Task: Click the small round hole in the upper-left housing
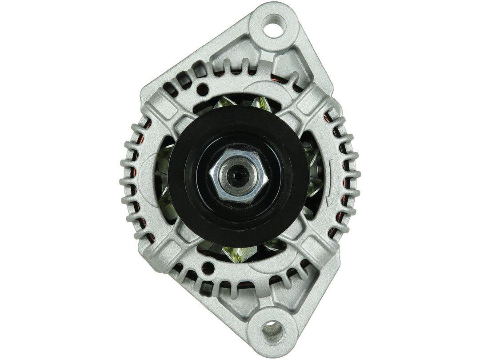[205, 87]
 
